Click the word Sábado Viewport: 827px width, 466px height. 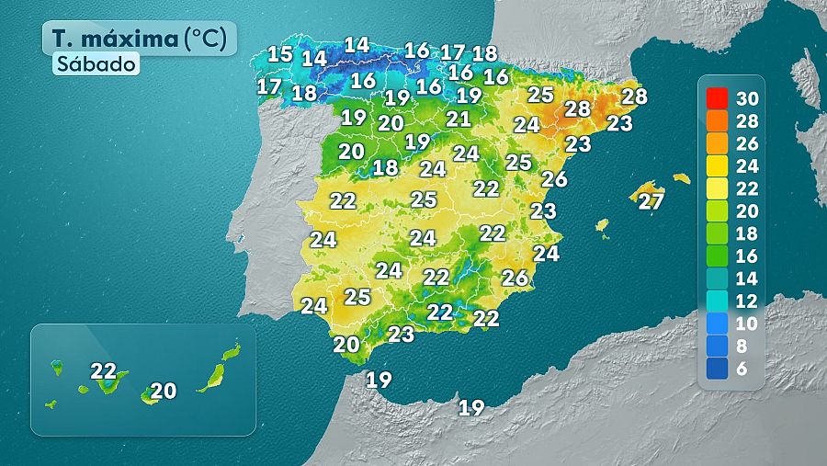[x=96, y=64]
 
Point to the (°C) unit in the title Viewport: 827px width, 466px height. [x=209, y=39]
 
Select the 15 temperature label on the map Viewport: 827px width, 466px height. [x=279, y=54]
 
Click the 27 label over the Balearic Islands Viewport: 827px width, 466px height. [x=651, y=201]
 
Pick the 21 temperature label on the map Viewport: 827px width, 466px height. [x=459, y=119]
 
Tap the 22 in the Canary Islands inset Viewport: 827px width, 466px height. [x=104, y=371]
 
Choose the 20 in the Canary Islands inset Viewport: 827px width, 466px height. [x=163, y=392]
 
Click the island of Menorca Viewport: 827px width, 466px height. [x=681, y=178]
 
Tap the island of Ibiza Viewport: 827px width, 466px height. [x=602, y=224]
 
